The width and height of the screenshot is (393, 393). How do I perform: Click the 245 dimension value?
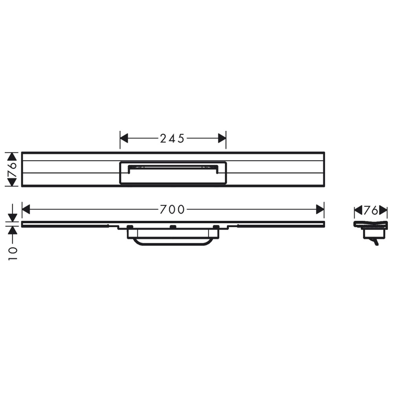172,138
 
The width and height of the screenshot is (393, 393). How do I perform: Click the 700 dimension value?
172,209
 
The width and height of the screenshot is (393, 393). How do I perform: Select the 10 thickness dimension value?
13,253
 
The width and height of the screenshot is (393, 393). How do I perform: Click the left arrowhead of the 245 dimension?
124,138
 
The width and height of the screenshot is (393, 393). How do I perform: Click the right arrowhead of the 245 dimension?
222,138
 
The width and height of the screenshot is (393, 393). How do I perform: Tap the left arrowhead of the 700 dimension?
26,209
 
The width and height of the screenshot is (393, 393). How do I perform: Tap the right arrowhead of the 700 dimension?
320,209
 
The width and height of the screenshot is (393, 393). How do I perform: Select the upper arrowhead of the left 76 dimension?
12,157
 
